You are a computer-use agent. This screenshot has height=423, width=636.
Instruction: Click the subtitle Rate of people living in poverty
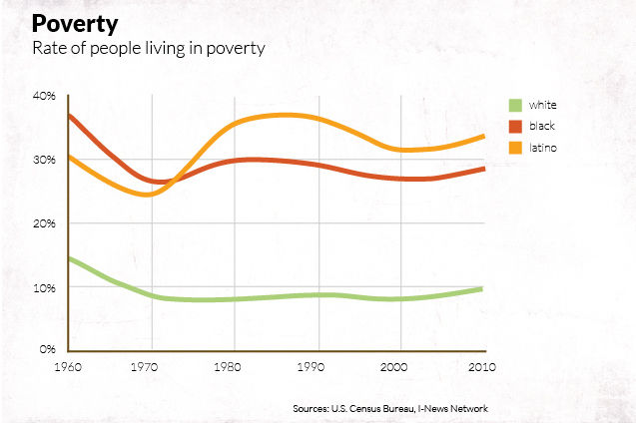149,49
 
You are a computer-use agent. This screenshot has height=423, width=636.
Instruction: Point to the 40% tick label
46,95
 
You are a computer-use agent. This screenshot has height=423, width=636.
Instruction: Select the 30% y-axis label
46,160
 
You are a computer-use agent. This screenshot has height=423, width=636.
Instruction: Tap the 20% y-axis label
46,223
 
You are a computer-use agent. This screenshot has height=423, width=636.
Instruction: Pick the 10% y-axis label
46,288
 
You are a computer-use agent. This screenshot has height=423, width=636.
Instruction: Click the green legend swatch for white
516,105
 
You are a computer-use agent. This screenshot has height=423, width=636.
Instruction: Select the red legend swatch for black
516,127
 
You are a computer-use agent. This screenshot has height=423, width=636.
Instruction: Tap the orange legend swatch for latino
516,149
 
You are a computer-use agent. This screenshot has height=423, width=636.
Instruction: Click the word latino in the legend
543,149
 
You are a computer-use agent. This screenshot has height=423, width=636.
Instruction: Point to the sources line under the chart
390,408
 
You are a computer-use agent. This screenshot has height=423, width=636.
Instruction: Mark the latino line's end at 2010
484,136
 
